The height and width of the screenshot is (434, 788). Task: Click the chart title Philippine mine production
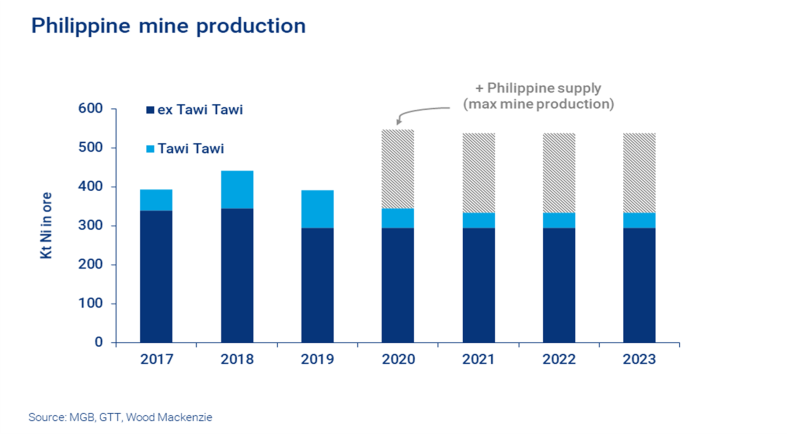168,25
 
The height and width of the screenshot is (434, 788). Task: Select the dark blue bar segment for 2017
155,276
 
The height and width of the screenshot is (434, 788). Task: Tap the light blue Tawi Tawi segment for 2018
237,189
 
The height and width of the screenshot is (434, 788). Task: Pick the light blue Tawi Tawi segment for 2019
317,209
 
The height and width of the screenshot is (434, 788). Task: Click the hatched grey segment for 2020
398,168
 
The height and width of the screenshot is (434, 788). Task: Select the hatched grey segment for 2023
639,172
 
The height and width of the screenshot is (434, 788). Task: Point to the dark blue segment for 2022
559,285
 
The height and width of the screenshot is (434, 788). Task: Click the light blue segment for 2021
478,220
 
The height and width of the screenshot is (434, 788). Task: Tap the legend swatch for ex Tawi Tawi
150,110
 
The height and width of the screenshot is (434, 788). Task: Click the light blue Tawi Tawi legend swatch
150,149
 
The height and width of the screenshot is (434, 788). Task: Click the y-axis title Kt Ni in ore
46,226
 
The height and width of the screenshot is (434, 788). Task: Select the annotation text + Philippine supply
537,88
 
